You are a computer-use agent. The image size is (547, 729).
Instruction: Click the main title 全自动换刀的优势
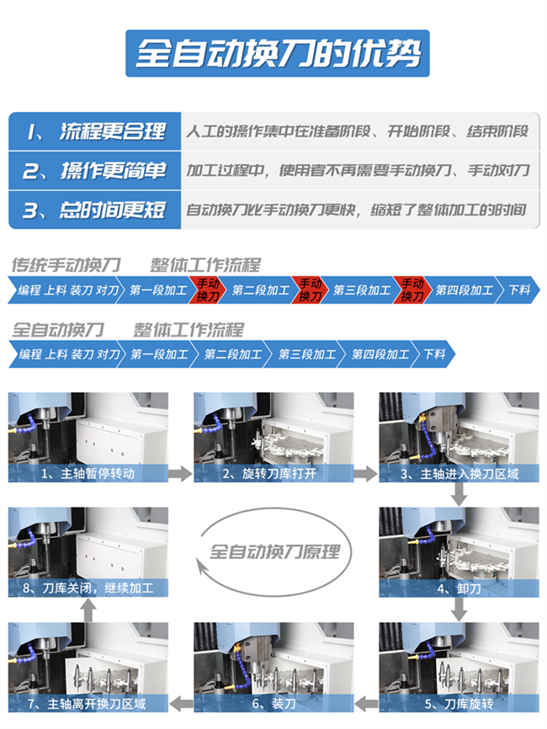(x=278, y=54)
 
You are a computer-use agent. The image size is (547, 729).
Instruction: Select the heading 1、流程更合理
(x=95, y=131)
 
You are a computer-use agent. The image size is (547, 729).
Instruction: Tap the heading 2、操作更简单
(x=94, y=171)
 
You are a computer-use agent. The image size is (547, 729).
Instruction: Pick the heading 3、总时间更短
(x=94, y=210)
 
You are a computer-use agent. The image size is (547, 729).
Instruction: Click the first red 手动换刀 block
(x=207, y=290)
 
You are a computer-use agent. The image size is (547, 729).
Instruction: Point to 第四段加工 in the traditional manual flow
(x=464, y=290)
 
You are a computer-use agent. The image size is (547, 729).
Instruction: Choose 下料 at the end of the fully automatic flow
(x=434, y=354)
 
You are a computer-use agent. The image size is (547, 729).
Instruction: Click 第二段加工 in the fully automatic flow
(x=233, y=354)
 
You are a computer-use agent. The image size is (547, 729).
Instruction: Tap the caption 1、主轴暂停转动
(x=88, y=473)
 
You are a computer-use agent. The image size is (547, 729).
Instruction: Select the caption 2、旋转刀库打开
(x=269, y=473)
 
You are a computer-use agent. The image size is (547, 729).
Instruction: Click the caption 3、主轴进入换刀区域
(x=459, y=474)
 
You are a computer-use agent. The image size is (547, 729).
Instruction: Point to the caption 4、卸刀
(x=459, y=588)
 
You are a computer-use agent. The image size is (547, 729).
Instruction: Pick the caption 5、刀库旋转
(x=459, y=704)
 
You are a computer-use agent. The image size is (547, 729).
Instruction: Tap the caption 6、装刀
(x=273, y=704)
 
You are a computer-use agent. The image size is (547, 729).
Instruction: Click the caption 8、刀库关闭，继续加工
(x=88, y=588)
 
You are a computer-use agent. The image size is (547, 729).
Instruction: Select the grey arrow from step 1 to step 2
(x=180, y=474)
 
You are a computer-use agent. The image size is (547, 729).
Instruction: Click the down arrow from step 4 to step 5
(x=459, y=609)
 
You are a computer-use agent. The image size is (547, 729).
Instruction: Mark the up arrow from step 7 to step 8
(x=88, y=609)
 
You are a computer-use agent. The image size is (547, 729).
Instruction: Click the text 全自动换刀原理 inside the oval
(x=274, y=552)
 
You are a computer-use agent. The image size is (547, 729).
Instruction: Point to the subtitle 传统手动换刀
(x=66, y=265)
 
